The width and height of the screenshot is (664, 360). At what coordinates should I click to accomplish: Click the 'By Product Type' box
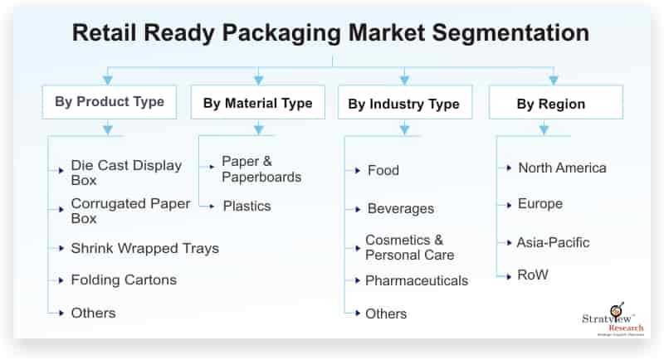point(110,102)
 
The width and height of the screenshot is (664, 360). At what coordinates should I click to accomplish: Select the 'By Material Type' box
point(258,102)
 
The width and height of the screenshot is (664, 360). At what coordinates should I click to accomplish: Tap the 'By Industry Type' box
point(405,102)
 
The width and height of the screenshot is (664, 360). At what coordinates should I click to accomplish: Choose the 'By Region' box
point(556,102)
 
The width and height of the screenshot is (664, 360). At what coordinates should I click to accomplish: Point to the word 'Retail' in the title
point(105,32)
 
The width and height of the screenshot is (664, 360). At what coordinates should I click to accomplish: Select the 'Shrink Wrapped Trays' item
point(144,248)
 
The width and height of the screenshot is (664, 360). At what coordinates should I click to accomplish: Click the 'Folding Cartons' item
point(124,280)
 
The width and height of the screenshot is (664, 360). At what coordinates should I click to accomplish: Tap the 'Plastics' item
point(247,206)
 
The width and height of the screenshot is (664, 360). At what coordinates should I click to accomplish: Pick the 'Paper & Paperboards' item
point(261,169)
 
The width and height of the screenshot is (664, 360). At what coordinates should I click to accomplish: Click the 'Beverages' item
point(401,208)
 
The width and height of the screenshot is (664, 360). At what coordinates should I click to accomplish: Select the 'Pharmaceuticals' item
point(417,280)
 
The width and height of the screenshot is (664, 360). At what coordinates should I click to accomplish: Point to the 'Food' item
point(383,170)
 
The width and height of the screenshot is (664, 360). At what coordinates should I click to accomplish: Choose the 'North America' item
point(563,168)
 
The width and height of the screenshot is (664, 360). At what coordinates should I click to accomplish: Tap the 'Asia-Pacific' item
point(553,242)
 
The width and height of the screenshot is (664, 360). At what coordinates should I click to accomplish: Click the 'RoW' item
point(533,275)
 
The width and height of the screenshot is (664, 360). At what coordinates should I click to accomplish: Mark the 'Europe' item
point(540,204)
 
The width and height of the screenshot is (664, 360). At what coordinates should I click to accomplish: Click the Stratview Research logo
point(613,319)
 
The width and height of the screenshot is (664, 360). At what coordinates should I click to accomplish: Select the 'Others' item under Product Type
point(93,313)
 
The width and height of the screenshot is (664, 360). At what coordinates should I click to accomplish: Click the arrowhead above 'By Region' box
point(553,80)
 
